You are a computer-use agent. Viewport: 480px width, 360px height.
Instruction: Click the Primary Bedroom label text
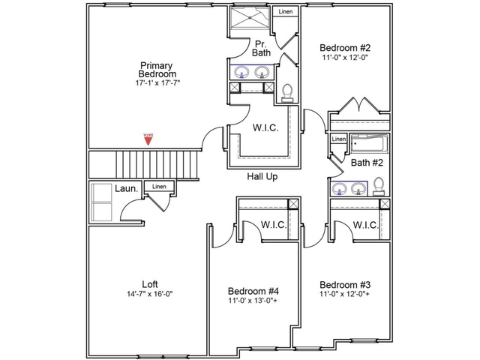(157, 69)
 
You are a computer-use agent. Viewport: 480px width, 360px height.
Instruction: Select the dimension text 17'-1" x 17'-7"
(157, 83)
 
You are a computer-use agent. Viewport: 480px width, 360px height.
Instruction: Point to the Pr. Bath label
(262, 48)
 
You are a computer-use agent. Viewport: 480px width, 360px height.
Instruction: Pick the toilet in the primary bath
(286, 91)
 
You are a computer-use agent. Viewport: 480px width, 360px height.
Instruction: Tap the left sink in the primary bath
(243, 72)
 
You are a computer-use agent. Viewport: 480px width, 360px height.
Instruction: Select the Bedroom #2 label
(344, 46)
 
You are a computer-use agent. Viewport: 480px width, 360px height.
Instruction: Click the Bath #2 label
(367, 162)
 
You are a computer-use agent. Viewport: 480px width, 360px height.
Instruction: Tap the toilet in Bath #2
(379, 185)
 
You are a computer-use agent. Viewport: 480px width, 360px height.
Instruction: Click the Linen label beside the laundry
(158, 187)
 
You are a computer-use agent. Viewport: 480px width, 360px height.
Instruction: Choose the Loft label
(150, 284)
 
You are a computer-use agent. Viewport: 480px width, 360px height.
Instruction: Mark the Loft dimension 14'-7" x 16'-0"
(150, 294)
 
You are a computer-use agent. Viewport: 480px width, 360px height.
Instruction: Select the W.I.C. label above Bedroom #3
(364, 225)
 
